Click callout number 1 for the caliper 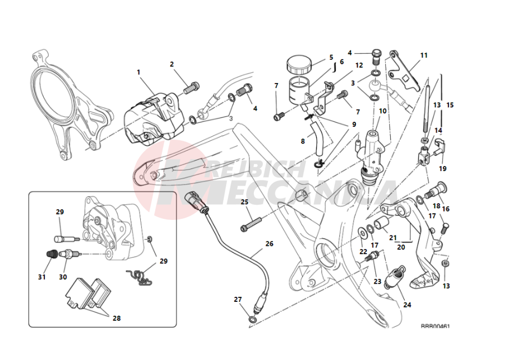tap(139, 73)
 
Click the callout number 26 tap(269, 243)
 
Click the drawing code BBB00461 tap(435, 327)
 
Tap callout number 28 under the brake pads tap(116, 318)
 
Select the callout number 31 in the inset tap(42, 277)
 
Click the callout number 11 tap(424, 55)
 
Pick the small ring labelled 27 tap(253, 320)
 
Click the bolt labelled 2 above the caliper tap(193, 87)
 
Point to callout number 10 tap(382, 111)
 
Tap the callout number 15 tap(450, 105)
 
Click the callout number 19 tap(442, 168)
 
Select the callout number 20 tap(400, 248)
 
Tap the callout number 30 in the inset tap(63, 277)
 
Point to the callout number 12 tap(359, 65)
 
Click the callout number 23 tap(377, 281)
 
